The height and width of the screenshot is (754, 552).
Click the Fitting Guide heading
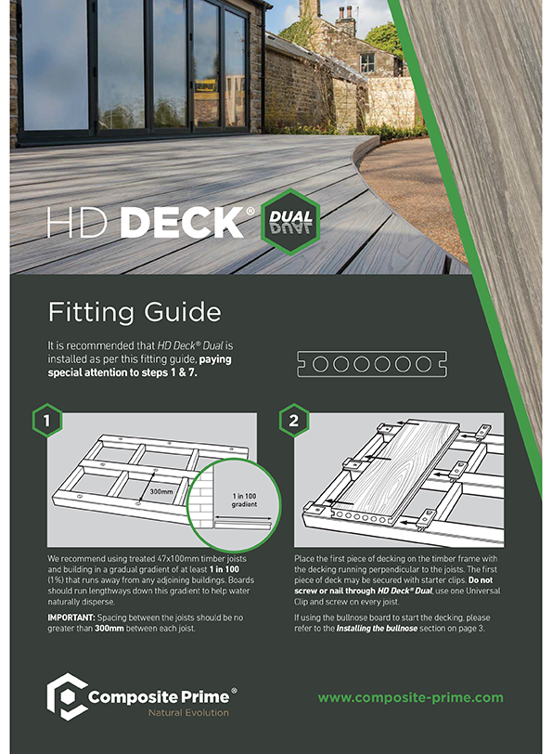135,313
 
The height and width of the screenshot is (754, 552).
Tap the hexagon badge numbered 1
47,421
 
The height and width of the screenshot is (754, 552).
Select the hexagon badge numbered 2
293,421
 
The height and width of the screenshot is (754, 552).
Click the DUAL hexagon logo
290,222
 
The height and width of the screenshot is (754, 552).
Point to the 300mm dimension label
160,491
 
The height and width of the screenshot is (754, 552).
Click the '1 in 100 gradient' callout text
245,500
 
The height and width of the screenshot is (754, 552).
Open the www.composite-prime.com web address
411,697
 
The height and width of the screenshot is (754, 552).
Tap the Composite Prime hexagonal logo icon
66,696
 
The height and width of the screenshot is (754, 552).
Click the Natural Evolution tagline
188,712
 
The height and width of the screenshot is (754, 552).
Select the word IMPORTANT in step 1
71,617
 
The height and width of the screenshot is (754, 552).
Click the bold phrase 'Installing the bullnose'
377,629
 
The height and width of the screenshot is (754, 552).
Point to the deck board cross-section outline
372,364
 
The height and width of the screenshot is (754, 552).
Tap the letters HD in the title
77,222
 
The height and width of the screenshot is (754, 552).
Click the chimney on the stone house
345,19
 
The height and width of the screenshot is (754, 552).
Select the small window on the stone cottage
367,63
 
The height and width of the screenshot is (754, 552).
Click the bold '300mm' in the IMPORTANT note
109,629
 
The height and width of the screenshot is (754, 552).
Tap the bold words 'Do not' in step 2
481,580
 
